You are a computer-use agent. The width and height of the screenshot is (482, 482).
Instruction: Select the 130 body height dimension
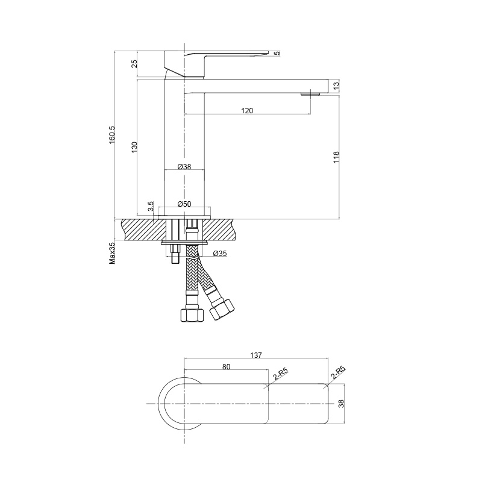(134, 148)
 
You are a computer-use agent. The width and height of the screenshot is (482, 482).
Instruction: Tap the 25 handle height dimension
(134, 64)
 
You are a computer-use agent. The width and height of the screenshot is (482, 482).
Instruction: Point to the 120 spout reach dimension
(247, 111)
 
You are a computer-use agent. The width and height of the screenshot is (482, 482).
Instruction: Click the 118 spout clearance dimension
(336, 157)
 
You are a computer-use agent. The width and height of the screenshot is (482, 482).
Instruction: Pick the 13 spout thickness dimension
(336, 85)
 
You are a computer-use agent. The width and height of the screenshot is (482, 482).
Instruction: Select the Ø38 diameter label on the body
(184, 167)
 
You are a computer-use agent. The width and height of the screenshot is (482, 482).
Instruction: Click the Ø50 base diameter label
(184, 204)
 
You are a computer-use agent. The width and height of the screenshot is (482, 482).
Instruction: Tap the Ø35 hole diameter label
(220, 253)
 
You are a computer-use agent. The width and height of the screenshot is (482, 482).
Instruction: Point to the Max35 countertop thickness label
(111, 253)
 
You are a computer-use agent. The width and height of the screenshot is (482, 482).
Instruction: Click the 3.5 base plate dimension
(150, 207)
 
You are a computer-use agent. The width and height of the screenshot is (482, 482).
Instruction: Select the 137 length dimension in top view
(255, 355)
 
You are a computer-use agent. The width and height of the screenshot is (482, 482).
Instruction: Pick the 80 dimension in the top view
(226, 366)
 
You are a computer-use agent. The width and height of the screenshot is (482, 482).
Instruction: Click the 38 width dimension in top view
(341, 403)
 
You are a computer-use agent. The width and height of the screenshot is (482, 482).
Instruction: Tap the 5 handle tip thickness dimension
(277, 53)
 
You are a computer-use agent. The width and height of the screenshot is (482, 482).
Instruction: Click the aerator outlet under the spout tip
(310, 95)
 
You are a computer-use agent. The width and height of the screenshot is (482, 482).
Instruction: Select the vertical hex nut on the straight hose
(192, 315)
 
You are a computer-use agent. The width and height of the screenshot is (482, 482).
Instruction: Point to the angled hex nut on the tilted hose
(222, 309)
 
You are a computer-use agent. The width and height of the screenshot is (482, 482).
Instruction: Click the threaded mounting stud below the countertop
(175, 254)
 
